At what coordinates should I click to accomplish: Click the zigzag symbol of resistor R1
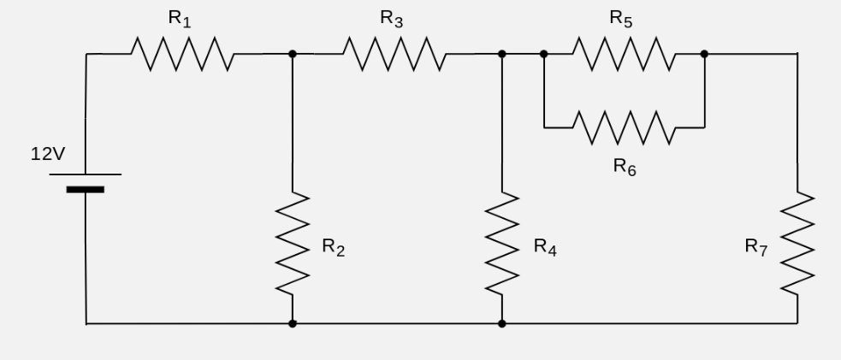(181, 54)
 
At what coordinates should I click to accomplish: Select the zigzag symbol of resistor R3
(394, 54)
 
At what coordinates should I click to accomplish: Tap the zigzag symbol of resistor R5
(623, 54)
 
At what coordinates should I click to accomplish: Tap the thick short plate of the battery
(86, 190)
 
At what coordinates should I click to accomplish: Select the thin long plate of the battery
(86, 174)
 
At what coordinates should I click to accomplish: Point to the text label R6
(625, 167)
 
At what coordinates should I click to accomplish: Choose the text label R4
(545, 247)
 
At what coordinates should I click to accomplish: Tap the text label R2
(334, 247)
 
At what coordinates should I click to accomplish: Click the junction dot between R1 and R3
(293, 54)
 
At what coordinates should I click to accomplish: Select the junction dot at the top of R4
(502, 54)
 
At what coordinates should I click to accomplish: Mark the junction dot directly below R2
(293, 324)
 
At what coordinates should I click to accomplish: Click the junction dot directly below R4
(502, 324)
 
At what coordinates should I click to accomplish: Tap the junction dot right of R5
(704, 54)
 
